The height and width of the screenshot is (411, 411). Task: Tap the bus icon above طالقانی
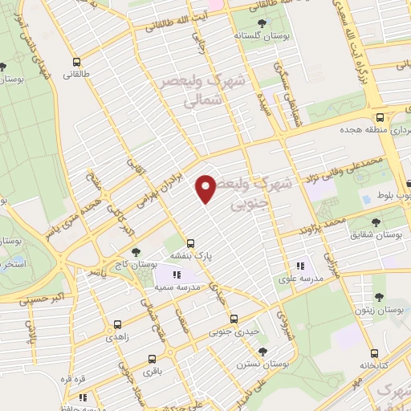click(76, 62)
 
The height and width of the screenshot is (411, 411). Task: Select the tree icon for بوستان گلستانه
click(262, 24)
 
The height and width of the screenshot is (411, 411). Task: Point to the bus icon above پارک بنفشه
click(190, 242)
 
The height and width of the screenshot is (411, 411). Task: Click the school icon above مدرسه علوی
click(300, 266)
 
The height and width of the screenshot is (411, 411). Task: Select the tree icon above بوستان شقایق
click(376, 221)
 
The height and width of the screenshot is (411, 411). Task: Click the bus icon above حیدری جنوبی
click(234, 318)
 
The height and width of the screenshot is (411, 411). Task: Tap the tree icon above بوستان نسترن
click(262, 351)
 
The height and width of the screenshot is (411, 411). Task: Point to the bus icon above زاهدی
click(118, 325)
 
